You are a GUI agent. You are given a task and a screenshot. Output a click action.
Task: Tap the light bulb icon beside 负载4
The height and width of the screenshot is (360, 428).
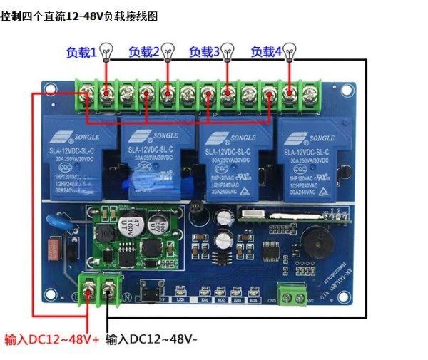(290, 51)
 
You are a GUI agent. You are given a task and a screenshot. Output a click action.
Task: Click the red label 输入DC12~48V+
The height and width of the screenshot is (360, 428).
(52, 339)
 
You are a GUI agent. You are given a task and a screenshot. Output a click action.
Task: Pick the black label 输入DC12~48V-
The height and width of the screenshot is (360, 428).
(151, 339)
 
